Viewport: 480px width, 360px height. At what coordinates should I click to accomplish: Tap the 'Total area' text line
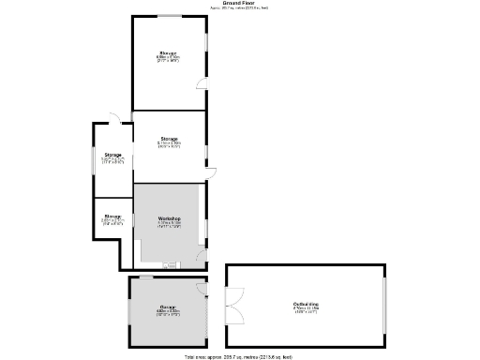(239, 356)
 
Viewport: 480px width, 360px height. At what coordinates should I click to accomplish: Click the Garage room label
(169, 307)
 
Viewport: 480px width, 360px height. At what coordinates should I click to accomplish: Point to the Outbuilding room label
(306, 304)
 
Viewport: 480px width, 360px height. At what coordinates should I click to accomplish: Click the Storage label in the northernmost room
(169, 52)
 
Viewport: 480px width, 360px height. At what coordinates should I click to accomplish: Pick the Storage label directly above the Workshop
(169, 138)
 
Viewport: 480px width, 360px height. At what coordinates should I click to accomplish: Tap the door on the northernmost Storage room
(202, 84)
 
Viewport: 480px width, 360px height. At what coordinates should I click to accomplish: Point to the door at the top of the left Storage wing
(113, 118)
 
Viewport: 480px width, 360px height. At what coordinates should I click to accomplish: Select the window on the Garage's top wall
(147, 277)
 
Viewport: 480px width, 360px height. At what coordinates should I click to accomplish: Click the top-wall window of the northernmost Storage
(169, 16)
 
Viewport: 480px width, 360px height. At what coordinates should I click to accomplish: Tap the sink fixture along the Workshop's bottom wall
(169, 265)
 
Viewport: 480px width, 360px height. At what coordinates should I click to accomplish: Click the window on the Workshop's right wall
(206, 225)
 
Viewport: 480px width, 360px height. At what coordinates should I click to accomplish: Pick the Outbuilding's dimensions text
(306, 309)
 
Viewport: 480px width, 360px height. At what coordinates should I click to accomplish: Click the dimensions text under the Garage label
(169, 312)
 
